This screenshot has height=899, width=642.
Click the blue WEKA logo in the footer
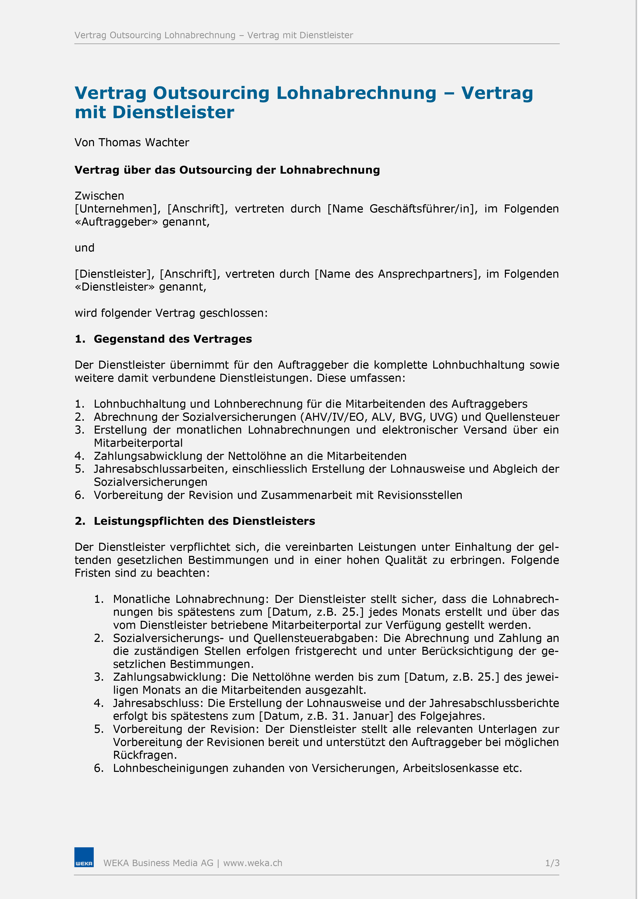84,857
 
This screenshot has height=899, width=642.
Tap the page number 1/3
552,863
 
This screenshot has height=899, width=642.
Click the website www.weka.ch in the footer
253,863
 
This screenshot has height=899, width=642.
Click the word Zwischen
99,196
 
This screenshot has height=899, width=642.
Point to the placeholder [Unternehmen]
116,209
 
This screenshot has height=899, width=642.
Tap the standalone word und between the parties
84,248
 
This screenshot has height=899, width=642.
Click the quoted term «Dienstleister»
115,287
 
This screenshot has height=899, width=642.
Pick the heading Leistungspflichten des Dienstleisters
204,521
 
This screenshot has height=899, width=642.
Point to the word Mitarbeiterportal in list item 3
138,443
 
